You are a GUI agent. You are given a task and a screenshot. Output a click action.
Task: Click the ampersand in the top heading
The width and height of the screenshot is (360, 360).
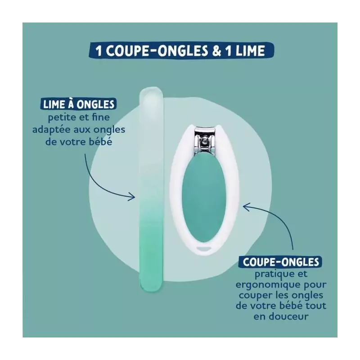pyautogui.click(x=217, y=50)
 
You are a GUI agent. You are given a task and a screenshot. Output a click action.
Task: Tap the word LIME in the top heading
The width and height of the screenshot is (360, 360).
pyautogui.click(x=250, y=50)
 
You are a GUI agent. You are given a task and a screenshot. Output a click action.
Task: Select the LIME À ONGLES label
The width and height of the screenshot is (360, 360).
pyautogui.click(x=78, y=104)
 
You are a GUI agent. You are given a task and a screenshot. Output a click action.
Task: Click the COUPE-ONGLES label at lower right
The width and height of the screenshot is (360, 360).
pyautogui.click(x=281, y=262)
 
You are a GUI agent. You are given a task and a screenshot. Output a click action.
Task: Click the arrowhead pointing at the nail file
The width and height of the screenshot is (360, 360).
pyautogui.click(x=131, y=196)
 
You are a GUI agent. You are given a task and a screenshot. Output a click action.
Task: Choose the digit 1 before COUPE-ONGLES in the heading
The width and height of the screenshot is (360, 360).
pyautogui.click(x=99, y=51)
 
